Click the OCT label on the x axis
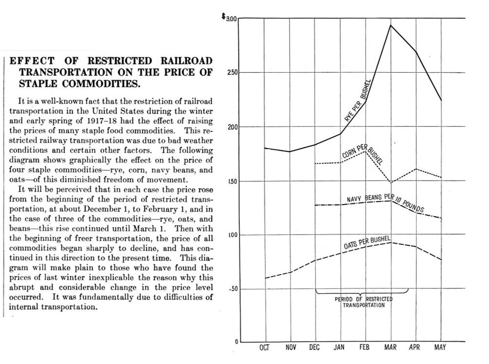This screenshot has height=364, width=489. tap(264, 347)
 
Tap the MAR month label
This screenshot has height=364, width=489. tap(391, 347)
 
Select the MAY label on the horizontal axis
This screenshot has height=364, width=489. tap(440, 347)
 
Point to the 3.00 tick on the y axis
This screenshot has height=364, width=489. tap(232, 19)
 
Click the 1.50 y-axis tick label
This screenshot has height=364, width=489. tap(233, 182)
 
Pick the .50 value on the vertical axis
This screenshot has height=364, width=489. tap(233, 289)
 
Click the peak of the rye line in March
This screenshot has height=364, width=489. tap(391, 25)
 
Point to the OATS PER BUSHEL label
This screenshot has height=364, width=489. tap(367, 243)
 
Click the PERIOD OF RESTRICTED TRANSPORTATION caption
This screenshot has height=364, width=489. tap(364, 302)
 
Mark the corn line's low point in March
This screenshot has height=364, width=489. tap(391, 182)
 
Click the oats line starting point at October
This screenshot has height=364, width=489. tap(265, 278)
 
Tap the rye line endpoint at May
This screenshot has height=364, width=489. tap(441, 101)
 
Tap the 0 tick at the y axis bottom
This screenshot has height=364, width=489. tap(236, 342)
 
